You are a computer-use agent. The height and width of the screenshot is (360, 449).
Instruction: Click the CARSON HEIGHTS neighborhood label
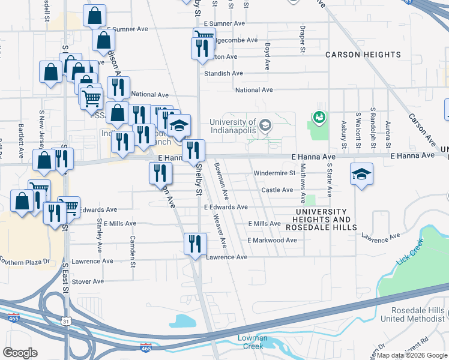click(x=363, y=55)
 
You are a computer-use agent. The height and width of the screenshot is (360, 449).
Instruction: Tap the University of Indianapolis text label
click(x=233, y=126)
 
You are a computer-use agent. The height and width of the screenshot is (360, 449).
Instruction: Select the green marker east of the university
click(x=319, y=116)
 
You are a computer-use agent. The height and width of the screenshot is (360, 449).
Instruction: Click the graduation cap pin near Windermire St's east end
click(x=361, y=175)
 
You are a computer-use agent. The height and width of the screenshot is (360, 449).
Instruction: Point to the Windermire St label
click(x=275, y=173)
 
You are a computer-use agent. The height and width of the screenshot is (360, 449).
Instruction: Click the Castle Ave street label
click(x=277, y=190)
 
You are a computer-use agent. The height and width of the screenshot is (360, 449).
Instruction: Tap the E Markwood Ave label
click(x=272, y=240)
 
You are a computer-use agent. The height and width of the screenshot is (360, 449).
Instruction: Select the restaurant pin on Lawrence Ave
click(x=195, y=244)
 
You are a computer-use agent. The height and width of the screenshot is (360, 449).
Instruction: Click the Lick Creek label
click(x=410, y=253)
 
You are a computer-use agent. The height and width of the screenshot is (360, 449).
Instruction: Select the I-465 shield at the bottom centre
click(x=145, y=347)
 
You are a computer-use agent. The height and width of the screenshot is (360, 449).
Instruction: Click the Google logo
click(x=20, y=352)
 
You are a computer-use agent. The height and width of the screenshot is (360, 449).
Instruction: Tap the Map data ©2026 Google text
click(x=411, y=355)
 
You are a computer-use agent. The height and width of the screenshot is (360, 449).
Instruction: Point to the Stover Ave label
click(x=88, y=281)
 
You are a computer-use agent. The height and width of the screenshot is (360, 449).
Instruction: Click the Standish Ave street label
click(x=223, y=73)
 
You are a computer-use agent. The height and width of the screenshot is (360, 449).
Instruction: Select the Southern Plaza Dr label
click(x=24, y=261)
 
